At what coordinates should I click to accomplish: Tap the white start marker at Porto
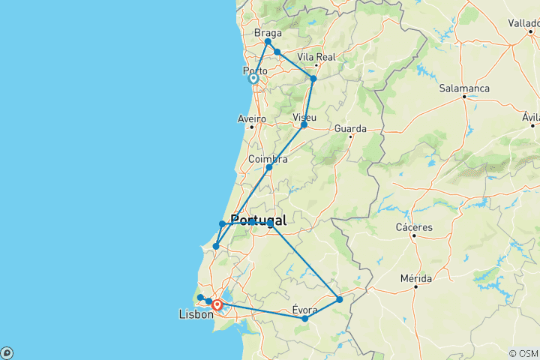253,79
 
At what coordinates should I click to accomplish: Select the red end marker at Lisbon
217,305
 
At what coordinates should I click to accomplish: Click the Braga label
268,33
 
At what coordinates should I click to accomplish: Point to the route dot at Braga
268,42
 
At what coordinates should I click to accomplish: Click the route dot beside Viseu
304,125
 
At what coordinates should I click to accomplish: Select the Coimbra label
268,159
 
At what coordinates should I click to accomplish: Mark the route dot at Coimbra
268,167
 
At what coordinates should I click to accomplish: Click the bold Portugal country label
253,220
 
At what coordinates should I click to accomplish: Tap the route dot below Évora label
304,319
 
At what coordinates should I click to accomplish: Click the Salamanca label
464,88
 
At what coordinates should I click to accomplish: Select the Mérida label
415,277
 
